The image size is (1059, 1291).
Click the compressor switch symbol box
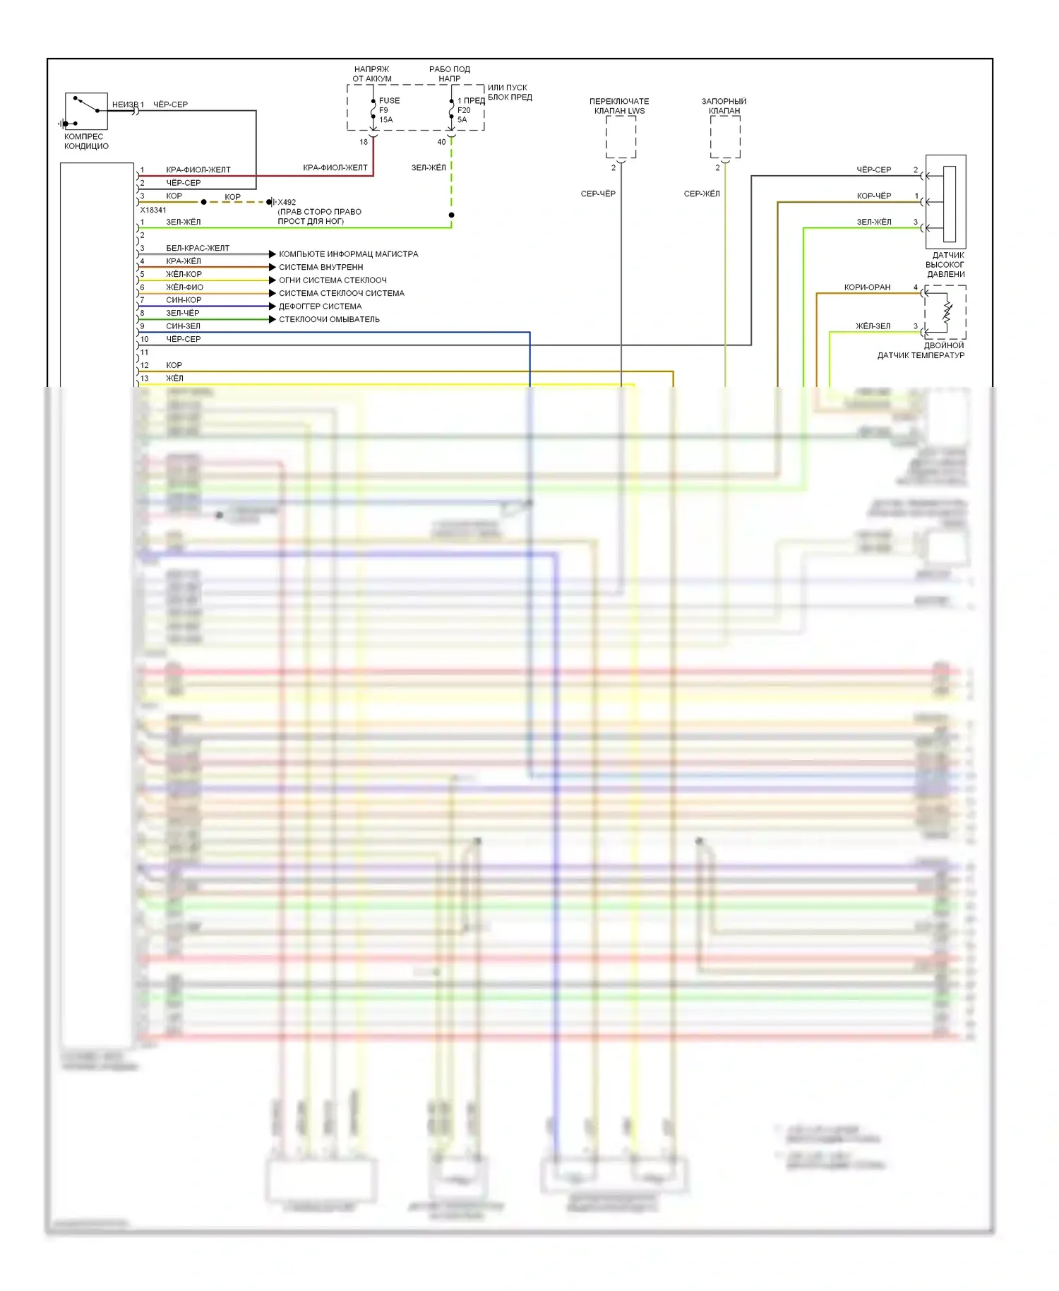pos(86,111)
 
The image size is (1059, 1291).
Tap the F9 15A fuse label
pos(386,110)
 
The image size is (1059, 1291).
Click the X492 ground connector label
pos(287,202)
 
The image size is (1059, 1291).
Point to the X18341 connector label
pos(153,210)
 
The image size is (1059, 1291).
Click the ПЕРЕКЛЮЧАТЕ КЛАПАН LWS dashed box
pos(621,137)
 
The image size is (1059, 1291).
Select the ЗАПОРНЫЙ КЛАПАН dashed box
pos(725,137)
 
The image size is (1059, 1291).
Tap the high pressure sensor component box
pos(946,201)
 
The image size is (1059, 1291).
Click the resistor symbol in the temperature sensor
pos(947,312)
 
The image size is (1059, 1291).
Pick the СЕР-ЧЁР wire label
pos(598,194)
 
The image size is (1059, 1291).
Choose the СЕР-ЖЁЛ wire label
pos(702,194)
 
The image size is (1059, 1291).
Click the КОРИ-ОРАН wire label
pos(867,287)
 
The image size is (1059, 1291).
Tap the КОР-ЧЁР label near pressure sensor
pos(873,196)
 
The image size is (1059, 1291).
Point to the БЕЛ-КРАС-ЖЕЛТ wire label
pos(198,248)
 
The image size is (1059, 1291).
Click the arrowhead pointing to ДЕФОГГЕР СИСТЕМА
pos(273,307)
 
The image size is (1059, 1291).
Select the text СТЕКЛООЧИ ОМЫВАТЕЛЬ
pos(329,319)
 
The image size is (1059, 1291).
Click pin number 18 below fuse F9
pos(364,142)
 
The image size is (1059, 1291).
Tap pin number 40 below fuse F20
pos(441,142)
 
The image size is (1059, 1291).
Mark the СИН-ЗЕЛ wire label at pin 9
pos(183,326)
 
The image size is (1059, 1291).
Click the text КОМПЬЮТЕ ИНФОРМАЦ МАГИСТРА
pos(348,254)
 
